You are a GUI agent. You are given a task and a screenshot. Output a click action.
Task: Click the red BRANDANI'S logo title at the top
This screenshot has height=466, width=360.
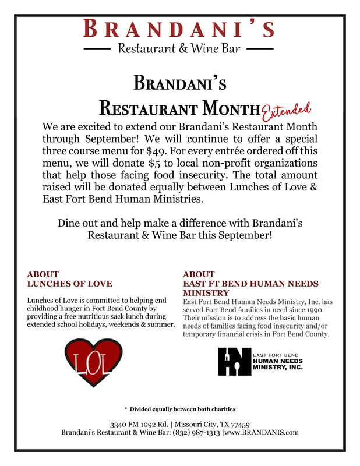pyautogui.click(x=179, y=28)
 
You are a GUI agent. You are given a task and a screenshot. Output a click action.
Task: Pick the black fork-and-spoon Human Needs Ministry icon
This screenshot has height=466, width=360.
pyautogui.click(x=234, y=362)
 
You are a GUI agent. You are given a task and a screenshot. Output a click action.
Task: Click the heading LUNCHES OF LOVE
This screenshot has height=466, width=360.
pyautogui.click(x=69, y=284)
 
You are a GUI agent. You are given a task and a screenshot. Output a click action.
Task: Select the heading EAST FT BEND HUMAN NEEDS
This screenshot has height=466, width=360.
pyautogui.click(x=250, y=284)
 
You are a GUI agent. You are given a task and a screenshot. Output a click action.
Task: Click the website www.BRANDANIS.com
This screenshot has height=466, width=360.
pyautogui.click(x=262, y=432)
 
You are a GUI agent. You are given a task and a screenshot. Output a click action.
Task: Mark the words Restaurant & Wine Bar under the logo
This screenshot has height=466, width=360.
pyautogui.click(x=179, y=48)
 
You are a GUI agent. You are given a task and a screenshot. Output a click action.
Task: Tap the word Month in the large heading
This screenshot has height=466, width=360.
pyautogui.click(x=228, y=108)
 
